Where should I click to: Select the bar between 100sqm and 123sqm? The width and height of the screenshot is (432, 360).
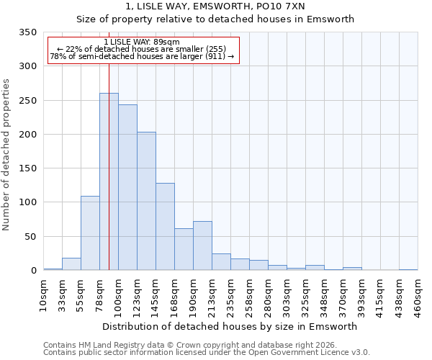click(127, 187)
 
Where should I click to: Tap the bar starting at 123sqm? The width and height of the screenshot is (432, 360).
click(146, 201)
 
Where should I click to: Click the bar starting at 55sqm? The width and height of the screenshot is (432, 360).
click(90, 233)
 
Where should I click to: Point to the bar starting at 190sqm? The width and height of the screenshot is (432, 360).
click(202, 246)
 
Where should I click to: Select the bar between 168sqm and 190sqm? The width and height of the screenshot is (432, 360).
click(184, 249)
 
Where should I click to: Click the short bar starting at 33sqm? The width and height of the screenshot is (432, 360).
click(71, 264)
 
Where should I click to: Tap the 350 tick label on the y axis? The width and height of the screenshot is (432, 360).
click(27, 32)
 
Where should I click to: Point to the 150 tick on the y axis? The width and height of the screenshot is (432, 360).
click(27, 168)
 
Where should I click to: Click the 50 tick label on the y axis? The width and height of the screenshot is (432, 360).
click(30, 236)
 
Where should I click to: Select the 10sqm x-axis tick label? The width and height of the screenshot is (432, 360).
click(44, 295)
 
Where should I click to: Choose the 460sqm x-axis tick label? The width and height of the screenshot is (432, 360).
click(418, 295)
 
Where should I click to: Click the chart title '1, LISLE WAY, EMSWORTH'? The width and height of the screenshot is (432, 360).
click(215, 6)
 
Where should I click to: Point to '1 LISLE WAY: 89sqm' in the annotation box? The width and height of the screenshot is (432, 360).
click(142, 42)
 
